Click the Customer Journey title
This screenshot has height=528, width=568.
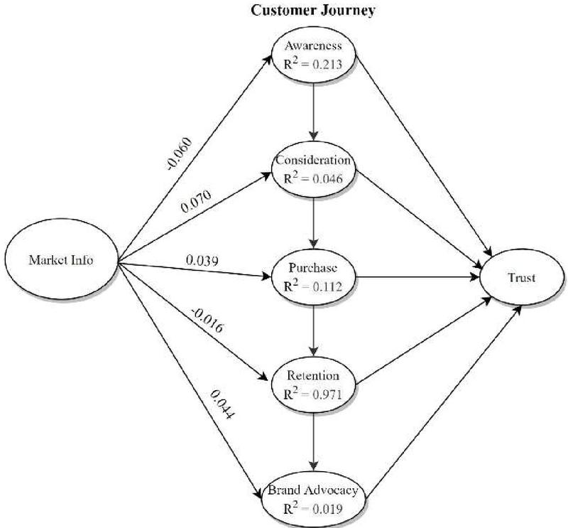(x=313, y=11)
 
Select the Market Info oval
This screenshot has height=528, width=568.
(x=62, y=259)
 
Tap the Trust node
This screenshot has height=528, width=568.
(x=522, y=277)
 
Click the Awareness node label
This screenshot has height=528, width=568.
(x=313, y=45)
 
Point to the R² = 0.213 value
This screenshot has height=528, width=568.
(x=313, y=64)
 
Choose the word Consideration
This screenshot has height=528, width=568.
(x=313, y=160)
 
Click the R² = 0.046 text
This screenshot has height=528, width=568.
(x=313, y=178)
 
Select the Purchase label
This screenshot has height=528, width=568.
(x=313, y=268)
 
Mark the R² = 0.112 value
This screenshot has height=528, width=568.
(x=313, y=286)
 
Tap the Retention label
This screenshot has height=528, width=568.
(x=313, y=375)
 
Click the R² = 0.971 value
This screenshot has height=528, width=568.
(x=313, y=394)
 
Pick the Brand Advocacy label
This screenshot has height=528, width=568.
(x=313, y=490)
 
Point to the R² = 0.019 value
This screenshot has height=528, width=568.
(x=313, y=508)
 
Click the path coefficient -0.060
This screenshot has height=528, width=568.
(x=179, y=153)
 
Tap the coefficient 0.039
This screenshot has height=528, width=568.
(x=202, y=260)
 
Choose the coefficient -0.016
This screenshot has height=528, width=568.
(x=207, y=320)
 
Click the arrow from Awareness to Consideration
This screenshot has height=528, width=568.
(x=314, y=112)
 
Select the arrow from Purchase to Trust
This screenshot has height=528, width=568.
(x=417, y=277)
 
